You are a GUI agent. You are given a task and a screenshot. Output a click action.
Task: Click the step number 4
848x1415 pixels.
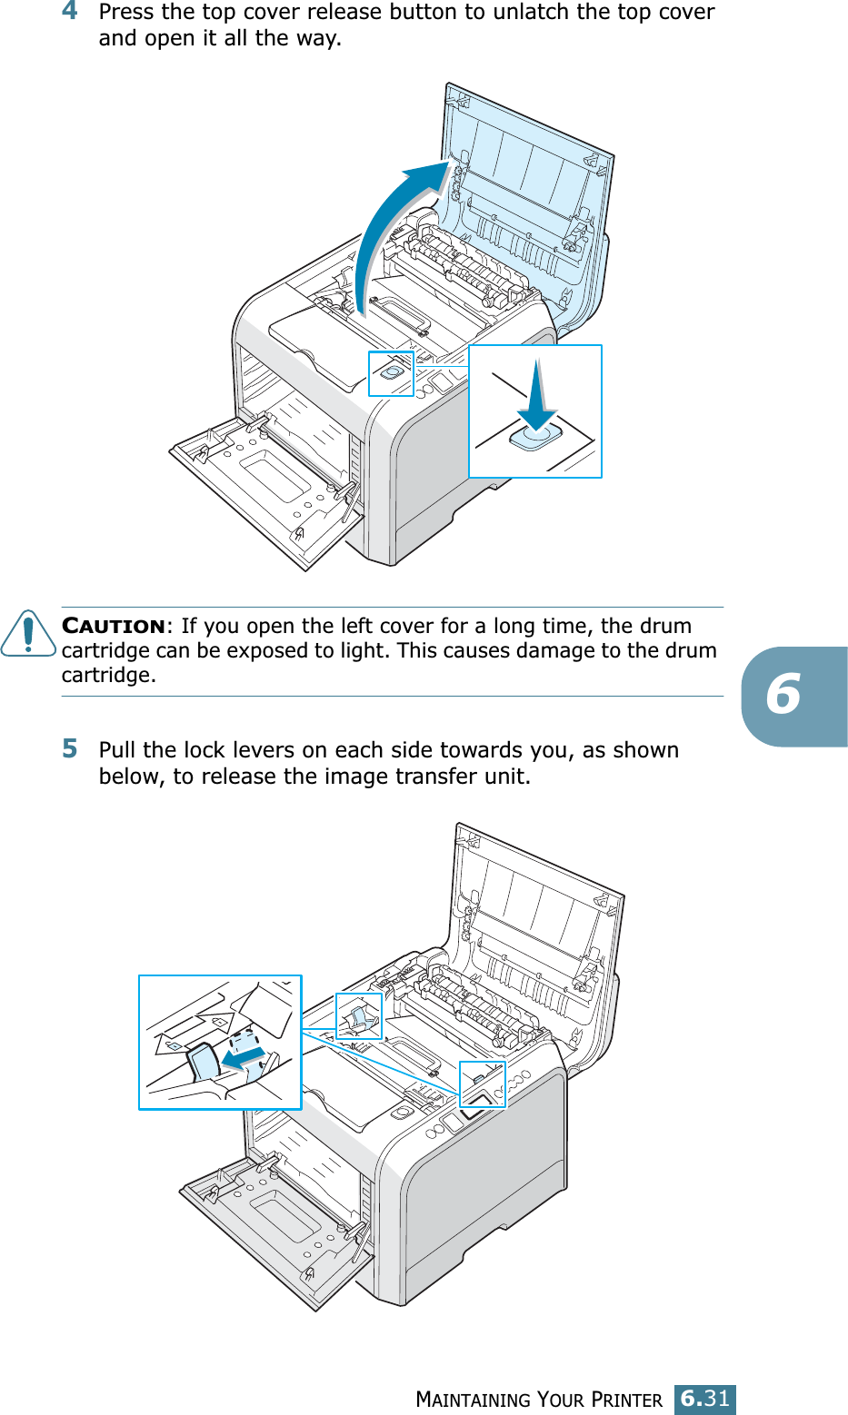click(x=70, y=12)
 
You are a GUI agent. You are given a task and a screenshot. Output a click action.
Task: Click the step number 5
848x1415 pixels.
click(x=70, y=749)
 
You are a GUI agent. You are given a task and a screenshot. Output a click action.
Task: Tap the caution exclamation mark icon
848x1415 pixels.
click(x=28, y=633)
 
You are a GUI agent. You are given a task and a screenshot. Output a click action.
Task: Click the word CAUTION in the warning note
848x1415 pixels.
click(x=114, y=627)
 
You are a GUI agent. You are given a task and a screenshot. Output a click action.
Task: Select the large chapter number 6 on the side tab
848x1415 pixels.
click(x=783, y=696)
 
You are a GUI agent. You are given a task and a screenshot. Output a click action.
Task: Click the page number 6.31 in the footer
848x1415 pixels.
click(x=704, y=1399)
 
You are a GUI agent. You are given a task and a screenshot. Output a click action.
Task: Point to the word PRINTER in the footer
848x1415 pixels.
click(x=626, y=1400)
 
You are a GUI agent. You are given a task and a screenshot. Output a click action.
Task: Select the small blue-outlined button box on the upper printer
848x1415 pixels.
click(x=391, y=373)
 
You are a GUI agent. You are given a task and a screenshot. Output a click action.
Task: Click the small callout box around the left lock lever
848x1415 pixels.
click(x=359, y=1016)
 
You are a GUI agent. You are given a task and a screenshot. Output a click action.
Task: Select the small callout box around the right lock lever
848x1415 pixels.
click(x=483, y=1084)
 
